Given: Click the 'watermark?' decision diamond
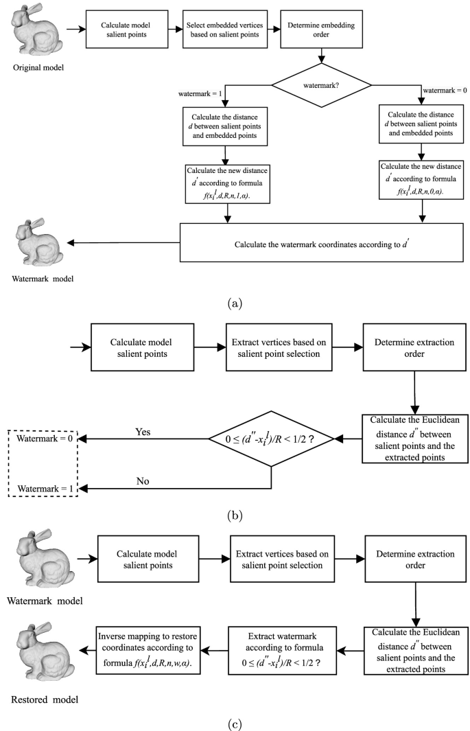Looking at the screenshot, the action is click(x=321, y=85).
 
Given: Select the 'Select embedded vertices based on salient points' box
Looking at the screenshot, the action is click(x=224, y=30).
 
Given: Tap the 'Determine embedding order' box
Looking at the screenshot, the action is click(x=321, y=30).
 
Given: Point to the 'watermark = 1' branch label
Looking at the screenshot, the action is click(x=200, y=94).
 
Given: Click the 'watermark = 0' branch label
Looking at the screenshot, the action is click(x=445, y=91).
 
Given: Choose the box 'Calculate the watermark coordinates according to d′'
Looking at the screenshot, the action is click(x=321, y=242).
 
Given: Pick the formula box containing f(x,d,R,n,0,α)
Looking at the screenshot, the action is click(x=421, y=180).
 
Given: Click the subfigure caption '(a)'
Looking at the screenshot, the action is click(x=234, y=304).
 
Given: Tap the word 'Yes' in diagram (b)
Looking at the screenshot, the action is click(x=143, y=432).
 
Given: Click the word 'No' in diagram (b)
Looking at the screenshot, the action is click(x=143, y=480).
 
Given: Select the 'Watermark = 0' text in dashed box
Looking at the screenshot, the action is click(x=45, y=438).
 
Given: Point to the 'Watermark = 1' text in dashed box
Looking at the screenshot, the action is click(x=45, y=489).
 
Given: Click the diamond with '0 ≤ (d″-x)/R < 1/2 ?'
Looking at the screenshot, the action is click(x=272, y=439).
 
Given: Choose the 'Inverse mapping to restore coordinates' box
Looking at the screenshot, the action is click(x=147, y=650).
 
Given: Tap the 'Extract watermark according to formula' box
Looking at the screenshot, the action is click(x=282, y=650).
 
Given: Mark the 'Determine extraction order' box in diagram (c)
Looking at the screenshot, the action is click(x=416, y=559).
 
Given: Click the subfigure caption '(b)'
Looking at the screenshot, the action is click(x=234, y=515).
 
